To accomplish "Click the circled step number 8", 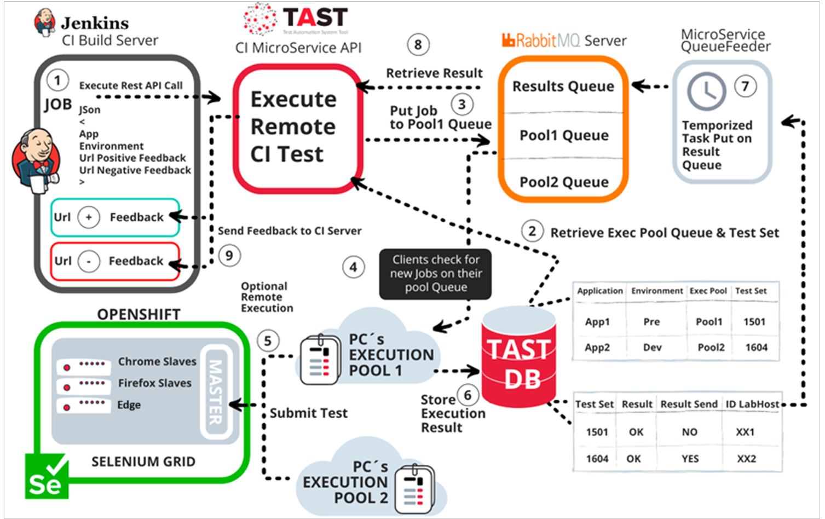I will click(418, 45).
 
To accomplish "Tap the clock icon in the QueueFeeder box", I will click(706, 91).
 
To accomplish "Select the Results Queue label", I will click(563, 86).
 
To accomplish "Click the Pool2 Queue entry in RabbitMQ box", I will click(564, 182).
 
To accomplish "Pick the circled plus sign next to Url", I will click(89, 217).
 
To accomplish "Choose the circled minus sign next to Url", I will click(89, 261).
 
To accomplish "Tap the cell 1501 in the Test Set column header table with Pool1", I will click(754, 322).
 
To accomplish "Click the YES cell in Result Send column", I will click(690, 459).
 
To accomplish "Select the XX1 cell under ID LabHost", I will click(745, 432).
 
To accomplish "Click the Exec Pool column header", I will click(708, 291).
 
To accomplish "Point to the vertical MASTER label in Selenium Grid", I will click(215, 391).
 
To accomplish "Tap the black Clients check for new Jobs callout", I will click(436, 274).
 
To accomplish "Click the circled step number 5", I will click(268, 341).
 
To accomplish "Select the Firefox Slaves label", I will click(155, 383).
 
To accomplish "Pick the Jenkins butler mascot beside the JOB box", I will click(36, 160).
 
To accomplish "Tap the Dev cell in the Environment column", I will click(653, 347).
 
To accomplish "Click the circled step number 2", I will click(532, 232).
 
